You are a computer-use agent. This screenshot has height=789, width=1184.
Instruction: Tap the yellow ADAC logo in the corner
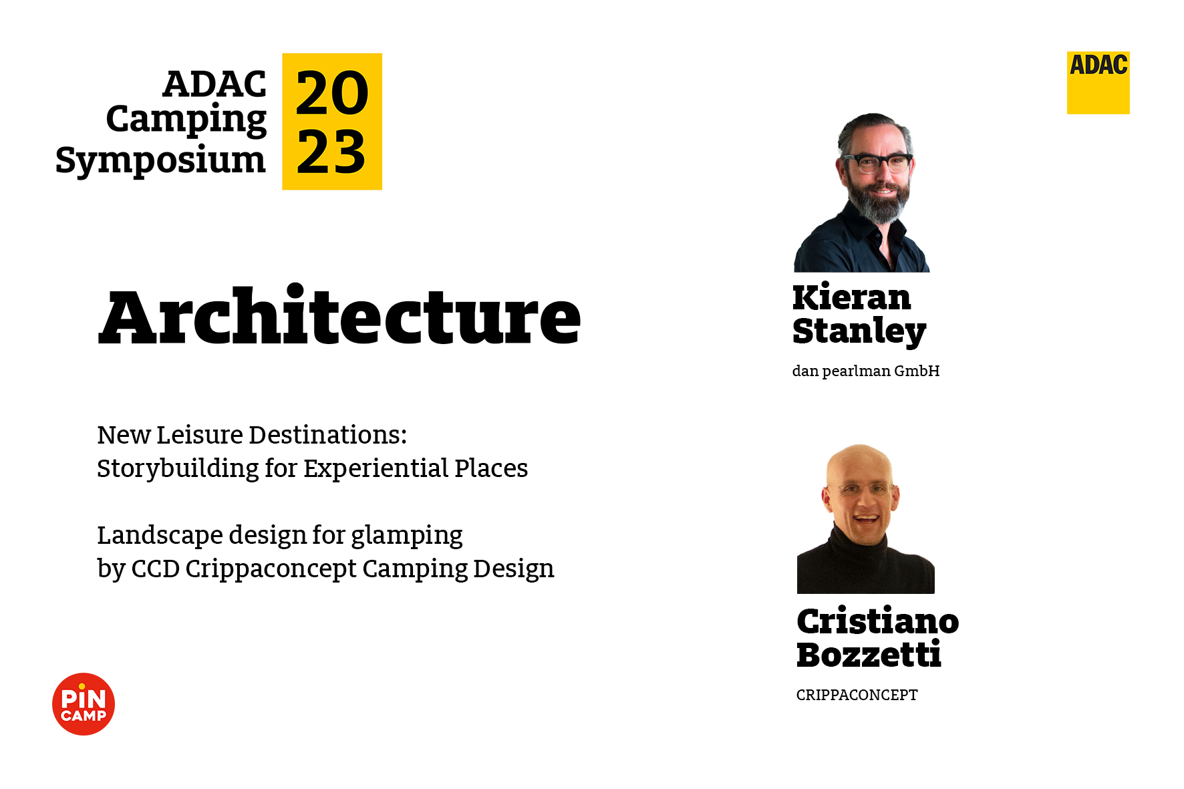(x=1098, y=83)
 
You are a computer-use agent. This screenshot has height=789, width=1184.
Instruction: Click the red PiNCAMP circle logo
(x=84, y=704)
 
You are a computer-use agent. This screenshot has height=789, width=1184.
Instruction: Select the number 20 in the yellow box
(x=332, y=93)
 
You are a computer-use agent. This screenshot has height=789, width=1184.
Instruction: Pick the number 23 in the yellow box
(x=331, y=152)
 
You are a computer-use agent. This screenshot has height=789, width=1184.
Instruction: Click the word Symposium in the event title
(x=160, y=161)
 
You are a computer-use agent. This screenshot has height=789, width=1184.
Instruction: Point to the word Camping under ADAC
(x=186, y=120)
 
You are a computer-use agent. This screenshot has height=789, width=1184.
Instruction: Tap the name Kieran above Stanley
(x=851, y=297)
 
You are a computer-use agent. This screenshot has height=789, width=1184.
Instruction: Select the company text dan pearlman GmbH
(x=866, y=371)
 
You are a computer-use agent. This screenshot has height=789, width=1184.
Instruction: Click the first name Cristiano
(x=878, y=621)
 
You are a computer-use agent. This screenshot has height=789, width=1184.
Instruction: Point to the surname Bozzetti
(x=869, y=655)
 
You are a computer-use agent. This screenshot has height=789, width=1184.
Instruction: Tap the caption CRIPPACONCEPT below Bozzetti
(x=857, y=695)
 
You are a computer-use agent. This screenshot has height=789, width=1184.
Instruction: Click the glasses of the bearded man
(x=877, y=162)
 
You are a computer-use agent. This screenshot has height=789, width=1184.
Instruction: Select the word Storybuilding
(x=178, y=469)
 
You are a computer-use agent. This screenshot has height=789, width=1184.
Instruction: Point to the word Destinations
(x=328, y=435)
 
